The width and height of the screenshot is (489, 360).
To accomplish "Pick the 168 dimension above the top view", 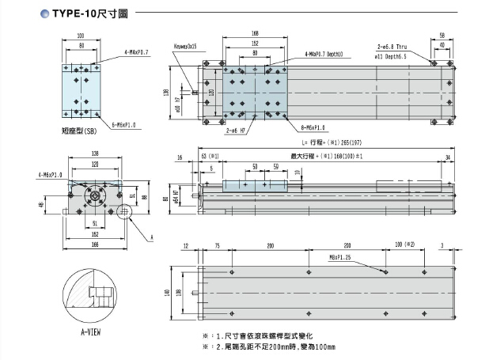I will tap(255, 33).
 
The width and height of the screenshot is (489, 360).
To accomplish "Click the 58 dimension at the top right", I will tap(442, 36).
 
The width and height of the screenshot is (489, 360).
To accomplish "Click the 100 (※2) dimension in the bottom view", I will tap(404, 246).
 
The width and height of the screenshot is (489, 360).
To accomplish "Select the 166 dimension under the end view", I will tap(95, 244).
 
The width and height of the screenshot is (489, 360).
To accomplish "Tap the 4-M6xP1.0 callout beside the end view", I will tap(49, 172).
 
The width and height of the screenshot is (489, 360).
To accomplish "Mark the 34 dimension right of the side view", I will tap(449, 158).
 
